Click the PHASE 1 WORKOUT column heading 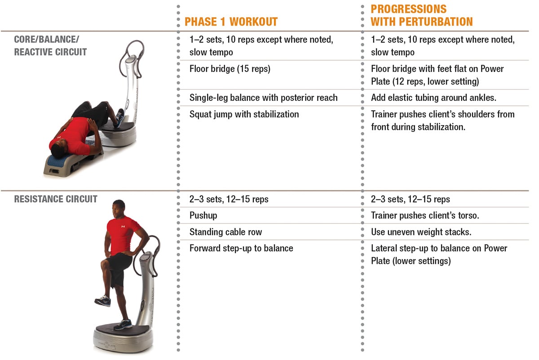[x=231, y=22]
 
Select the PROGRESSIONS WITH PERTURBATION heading [x=422, y=15]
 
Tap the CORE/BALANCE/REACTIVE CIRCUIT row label [x=50, y=45]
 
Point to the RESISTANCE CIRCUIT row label [x=56, y=199]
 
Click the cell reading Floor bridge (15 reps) [x=230, y=69]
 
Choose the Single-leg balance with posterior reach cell [x=264, y=98]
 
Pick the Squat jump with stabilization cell [x=244, y=114]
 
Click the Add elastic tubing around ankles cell [x=433, y=98]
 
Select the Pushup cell [x=203, y=215]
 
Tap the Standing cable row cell [x=225, y=232]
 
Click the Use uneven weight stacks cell [x=421, y=232]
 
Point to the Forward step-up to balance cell [x=241, y=248]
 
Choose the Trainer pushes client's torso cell [x=425, y=215]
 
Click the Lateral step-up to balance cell [x=439, y=255]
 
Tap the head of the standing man [x=119, y=208]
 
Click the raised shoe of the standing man [x=103, y=301]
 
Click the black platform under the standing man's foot [x=123, y=328]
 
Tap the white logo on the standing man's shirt [x=123, y=226]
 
